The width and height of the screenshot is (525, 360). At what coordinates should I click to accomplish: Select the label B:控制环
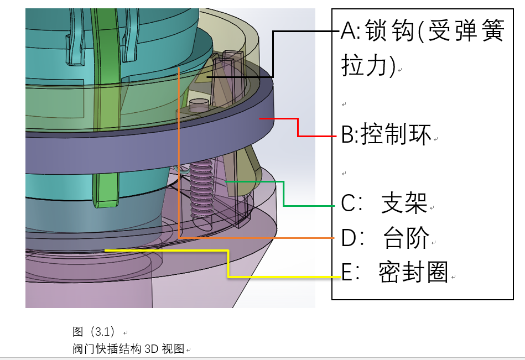coord(386,135)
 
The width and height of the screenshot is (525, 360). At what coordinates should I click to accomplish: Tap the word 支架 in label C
coord(404,204)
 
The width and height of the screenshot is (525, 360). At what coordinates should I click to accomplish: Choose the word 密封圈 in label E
coord(413,273)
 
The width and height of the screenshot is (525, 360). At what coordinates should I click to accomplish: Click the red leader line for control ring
coord(298,128)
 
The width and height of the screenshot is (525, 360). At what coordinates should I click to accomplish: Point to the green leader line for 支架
coord(283,194)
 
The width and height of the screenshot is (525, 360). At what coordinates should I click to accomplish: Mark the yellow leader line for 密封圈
coord(228,263)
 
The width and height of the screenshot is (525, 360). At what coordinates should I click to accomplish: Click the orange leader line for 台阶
coord(179,155)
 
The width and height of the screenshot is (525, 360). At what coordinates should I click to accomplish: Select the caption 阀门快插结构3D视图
coord(131,349)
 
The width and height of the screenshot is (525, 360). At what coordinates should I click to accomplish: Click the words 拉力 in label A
coord(366,66)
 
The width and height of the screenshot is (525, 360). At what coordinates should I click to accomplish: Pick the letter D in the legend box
coord(348,238)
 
